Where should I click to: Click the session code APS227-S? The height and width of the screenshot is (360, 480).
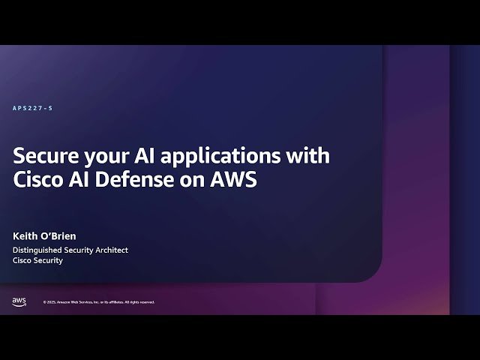click(x=33, y=109)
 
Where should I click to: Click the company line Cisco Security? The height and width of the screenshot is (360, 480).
click(x=37, y=261)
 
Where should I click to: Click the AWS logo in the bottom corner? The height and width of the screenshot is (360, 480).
click(x=19, y=301)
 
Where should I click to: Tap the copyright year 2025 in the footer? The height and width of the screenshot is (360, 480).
click(x=52, y=302)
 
